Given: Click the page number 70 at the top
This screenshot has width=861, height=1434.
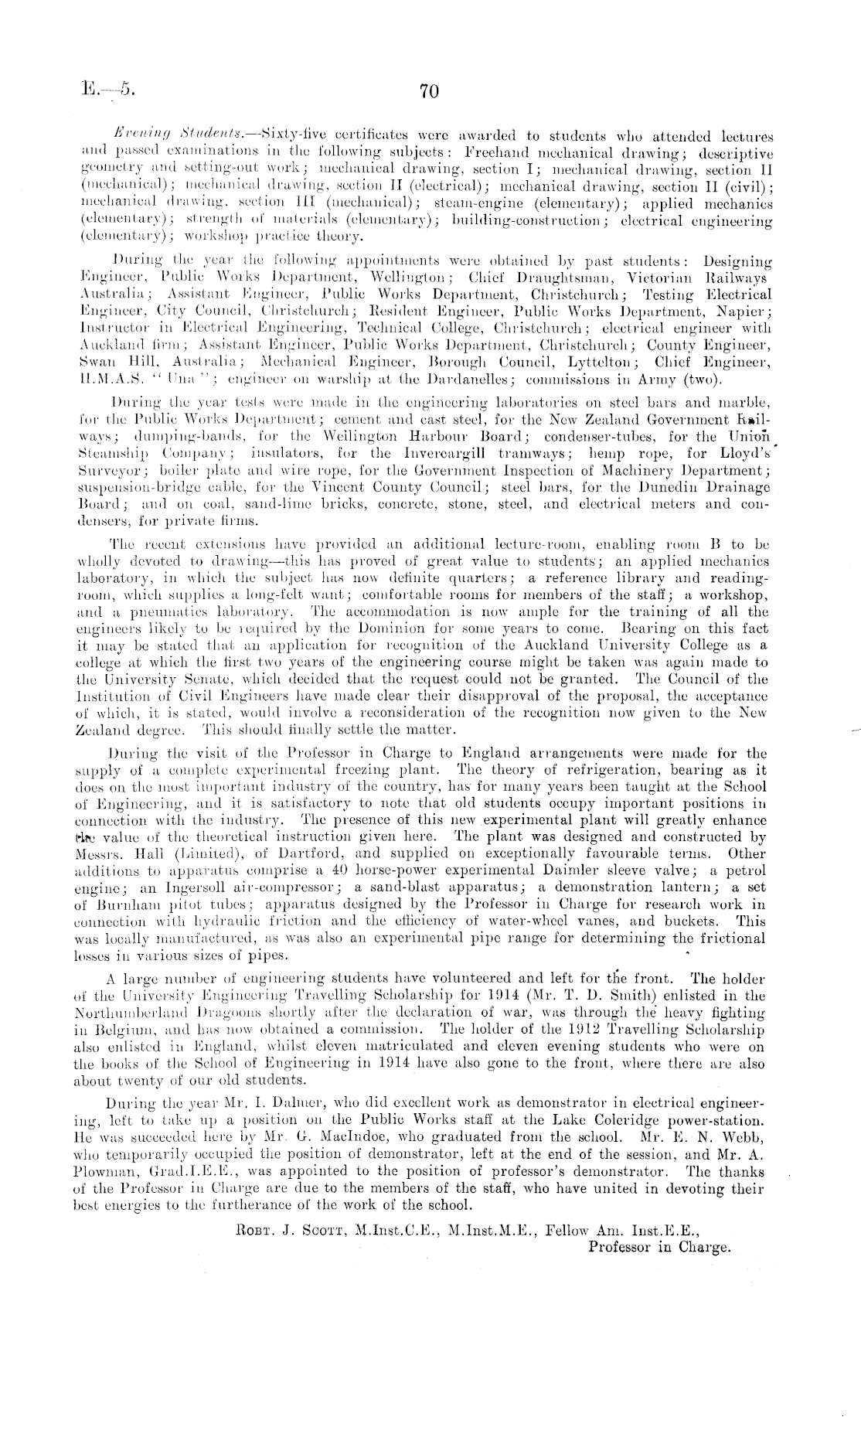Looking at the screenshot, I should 429,92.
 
